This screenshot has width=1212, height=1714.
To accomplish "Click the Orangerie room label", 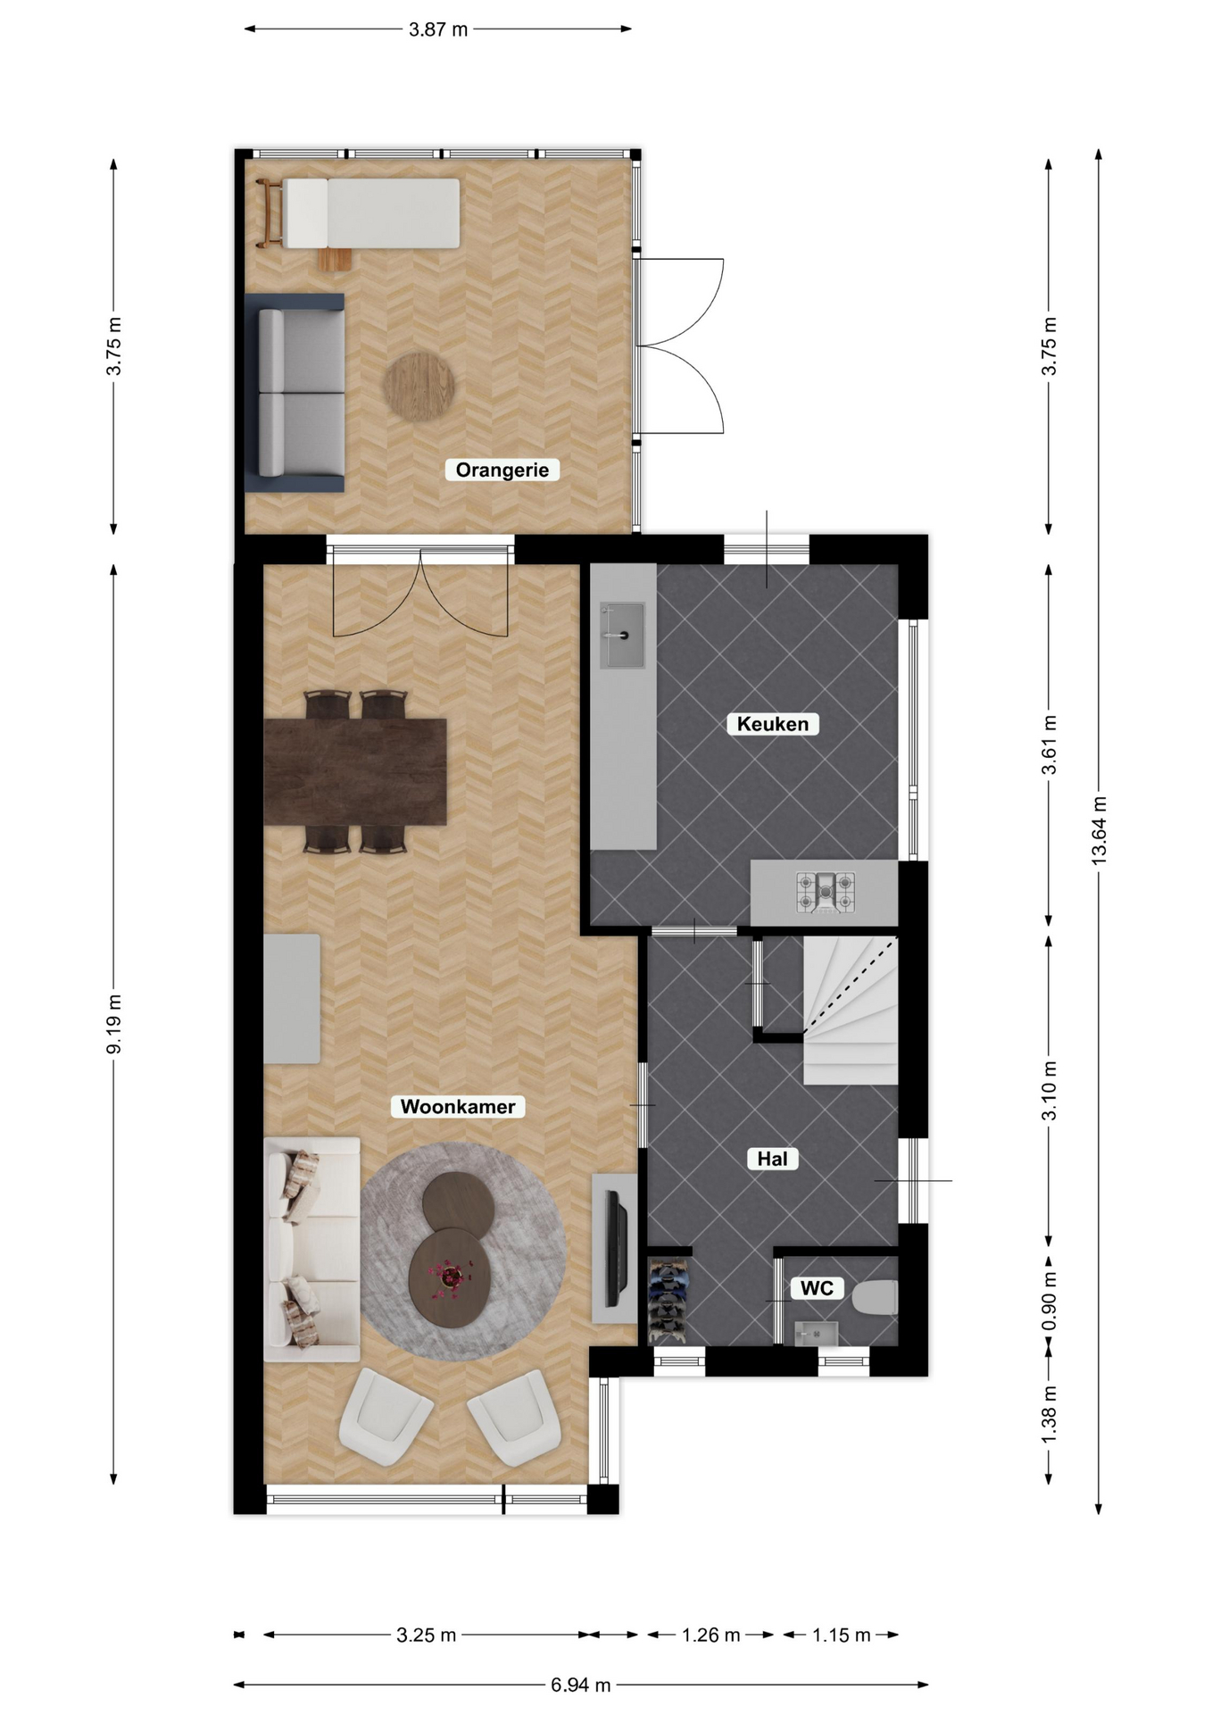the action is tap(502, 470).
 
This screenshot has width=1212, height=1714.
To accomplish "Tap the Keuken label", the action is tap(773, 724).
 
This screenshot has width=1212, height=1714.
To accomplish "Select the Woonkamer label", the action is tap(458, 1107).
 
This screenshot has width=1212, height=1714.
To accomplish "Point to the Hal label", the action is tap(772, 1159).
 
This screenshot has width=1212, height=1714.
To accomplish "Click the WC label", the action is tap(817, 1288).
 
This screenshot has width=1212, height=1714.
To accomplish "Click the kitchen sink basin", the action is tap(622, 635).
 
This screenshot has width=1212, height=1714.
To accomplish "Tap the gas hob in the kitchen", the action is tap(826, 893).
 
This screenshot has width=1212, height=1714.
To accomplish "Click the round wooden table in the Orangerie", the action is tap(419, 387).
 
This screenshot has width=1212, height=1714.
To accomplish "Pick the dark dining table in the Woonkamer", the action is tap(355, 771).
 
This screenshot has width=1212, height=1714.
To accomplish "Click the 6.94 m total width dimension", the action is tap(581, 1685).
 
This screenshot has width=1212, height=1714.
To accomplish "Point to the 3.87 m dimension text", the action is tap(438, 29).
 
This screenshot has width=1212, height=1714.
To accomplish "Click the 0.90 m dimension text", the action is tap(1049, 1301).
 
